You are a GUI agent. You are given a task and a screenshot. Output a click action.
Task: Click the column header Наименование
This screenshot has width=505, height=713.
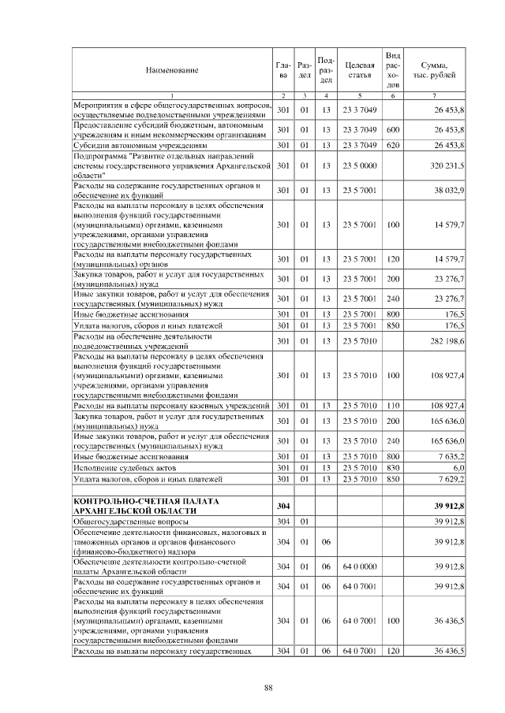[171, 70]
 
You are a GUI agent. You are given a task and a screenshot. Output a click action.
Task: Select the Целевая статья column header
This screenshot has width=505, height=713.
[359, 70]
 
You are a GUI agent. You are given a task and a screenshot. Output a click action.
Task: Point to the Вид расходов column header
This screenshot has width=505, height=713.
[393, 69]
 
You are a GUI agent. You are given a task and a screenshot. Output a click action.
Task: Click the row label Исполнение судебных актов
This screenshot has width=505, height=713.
[118, 467]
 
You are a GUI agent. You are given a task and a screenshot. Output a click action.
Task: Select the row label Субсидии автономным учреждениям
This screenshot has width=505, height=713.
[140, 146]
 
